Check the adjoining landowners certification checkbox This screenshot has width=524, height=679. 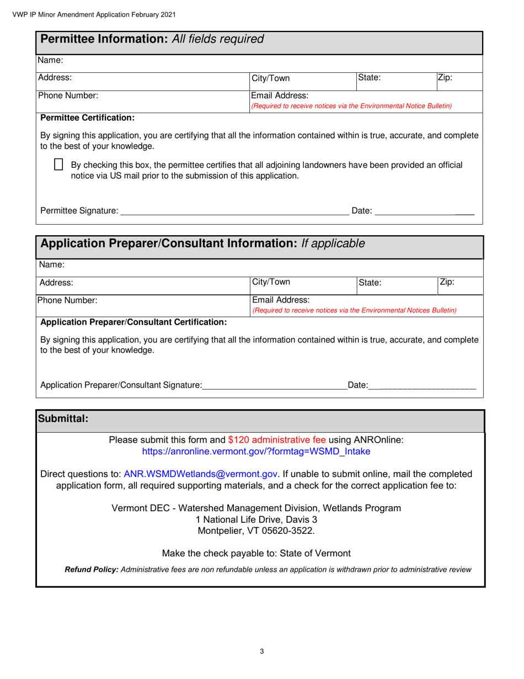(x=58, y=165)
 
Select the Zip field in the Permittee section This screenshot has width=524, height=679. (x=459, y=78)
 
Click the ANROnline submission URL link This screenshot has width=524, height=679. (x=256, y=452)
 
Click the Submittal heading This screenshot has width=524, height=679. (x=62, y=419)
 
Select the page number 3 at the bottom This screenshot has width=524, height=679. (x=261, y=651)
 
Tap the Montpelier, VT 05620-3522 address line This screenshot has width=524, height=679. (x=256, y=531)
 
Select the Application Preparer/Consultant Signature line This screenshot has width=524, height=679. (x=275, y=385)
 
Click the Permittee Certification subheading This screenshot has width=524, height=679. (x=87, y=118)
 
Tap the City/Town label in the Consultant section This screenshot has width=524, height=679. (x=271, y=282)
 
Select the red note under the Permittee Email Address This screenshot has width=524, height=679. (x=351, y=105)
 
